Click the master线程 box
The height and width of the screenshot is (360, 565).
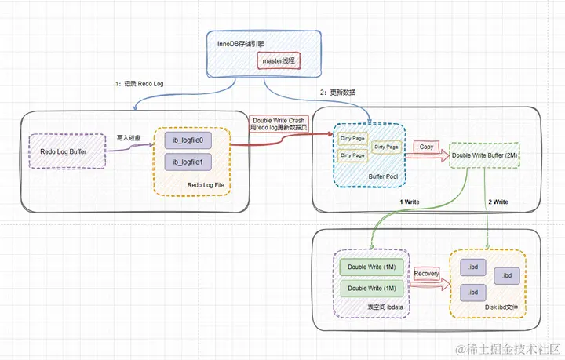(279, 61)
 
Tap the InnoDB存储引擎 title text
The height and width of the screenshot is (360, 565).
(243, 43)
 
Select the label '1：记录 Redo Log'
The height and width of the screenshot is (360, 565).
(139, 84)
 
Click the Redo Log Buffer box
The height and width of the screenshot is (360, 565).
(66, 151)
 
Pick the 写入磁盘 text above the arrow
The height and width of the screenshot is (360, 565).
(128, 136)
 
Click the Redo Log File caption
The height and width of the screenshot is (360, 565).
(206, 184)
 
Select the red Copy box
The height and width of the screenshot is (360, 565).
(426, 147)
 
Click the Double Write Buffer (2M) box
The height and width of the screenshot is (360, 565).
(485, 155)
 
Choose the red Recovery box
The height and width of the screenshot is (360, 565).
(425, 274)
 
